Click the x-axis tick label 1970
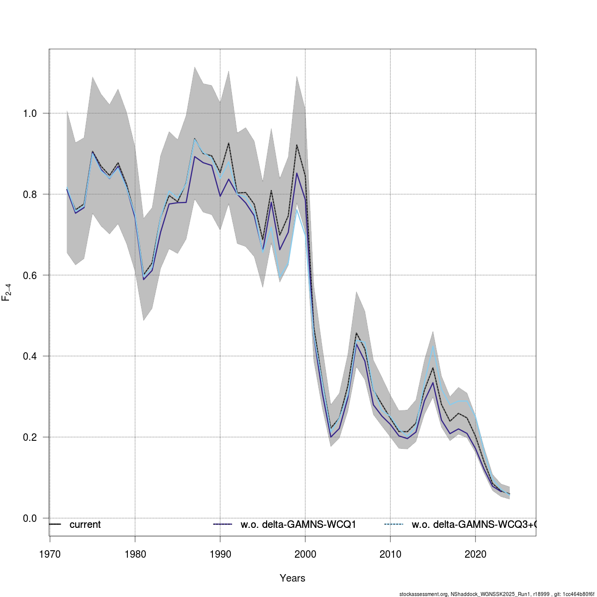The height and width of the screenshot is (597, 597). (x=50, y=554)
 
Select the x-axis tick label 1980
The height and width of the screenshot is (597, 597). (x=135, y=554)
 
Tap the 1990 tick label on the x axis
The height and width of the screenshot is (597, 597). (x=220, y=554)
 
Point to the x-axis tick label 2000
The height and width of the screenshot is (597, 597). (x=305, y=554)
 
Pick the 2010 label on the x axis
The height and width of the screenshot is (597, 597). (x=390, y=554)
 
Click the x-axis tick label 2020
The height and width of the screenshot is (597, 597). (x=475, y=554)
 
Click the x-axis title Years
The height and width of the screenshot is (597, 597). (x=293, y=578)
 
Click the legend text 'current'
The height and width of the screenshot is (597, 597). (x=85, y=524)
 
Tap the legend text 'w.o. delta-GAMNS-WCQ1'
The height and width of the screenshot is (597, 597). (x=298, y=524)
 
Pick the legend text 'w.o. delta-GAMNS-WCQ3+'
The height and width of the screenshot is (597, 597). (x=473, y=524)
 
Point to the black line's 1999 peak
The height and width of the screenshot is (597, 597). (x=297, y=145)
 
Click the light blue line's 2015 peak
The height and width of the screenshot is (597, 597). (x=433, y=346)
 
